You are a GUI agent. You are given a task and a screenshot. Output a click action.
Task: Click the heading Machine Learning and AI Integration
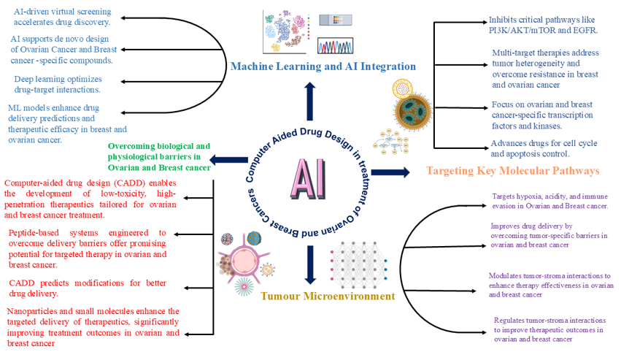pyautogui.click(x=323, y=66)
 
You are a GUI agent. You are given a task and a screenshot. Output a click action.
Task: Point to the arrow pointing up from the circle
pyautogui.click(x=311, y=101)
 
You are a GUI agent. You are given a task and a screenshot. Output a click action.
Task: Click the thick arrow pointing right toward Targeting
pyautogui.click(x=396, y=172)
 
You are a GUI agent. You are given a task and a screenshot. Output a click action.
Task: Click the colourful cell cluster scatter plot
pyautogui.click(x=282, y=31)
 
